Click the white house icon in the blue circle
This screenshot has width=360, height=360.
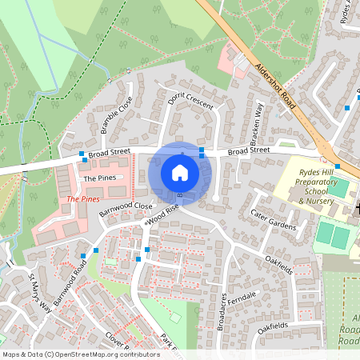coord(180,173)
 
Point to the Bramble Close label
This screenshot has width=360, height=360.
coord(117,114)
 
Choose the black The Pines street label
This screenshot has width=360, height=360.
coord(100,178)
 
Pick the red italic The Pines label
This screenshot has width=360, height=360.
coord(84,198)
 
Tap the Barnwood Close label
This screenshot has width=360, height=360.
coord(126,210)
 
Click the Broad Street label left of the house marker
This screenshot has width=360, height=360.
coord(110,151)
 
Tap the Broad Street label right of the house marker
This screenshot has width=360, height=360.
coord(250,151)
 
